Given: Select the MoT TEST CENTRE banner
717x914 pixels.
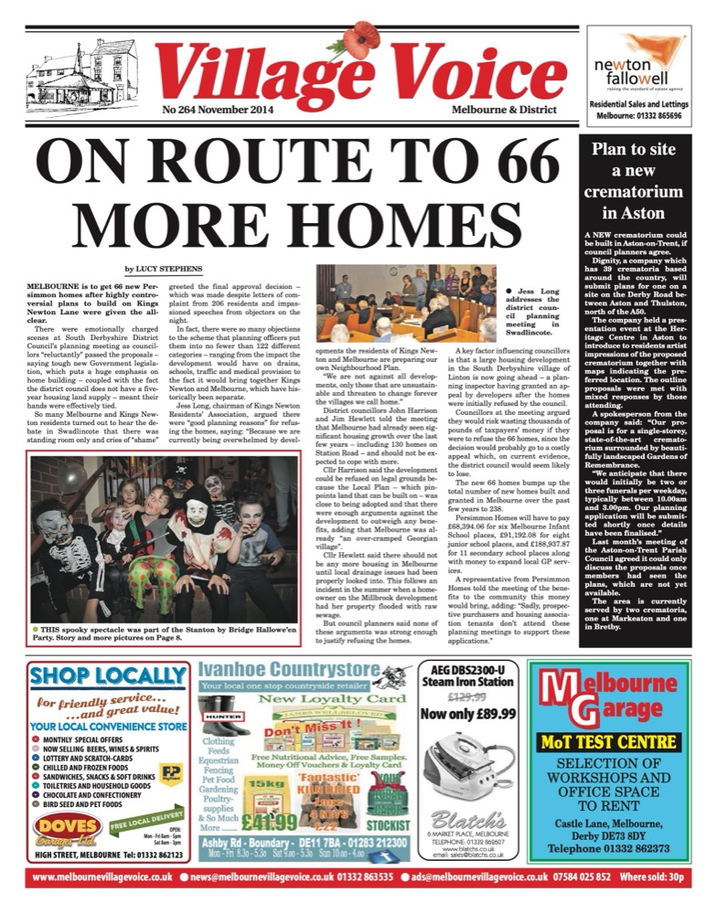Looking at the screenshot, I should tap(615, 742).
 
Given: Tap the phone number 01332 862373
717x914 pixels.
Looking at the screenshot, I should tap(615, 848).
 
